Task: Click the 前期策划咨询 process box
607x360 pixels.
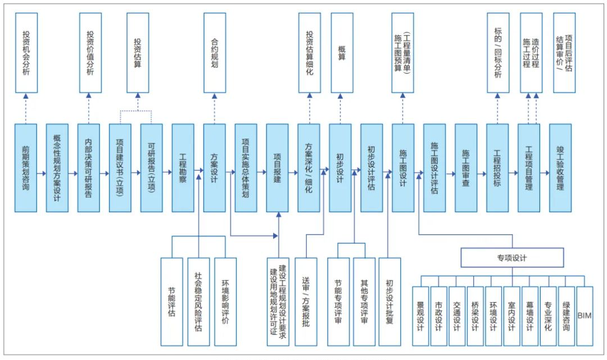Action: click(26, 167)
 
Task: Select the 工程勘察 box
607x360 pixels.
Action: click(183, 167)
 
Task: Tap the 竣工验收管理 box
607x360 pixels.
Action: click(560, 167)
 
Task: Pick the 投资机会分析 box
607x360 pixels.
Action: click(26, 53)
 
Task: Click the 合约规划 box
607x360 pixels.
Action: click(214, 53)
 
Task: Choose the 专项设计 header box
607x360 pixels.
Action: click(512, 258)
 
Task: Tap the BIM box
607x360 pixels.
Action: click(585, 316)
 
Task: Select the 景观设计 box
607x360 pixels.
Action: click(420, 316)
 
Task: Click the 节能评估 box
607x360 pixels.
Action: click(171, 302)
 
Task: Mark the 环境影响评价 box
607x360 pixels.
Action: click(225, 302)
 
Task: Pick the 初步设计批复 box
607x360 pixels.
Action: click(389, 302)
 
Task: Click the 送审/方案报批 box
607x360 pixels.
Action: click(306, 302)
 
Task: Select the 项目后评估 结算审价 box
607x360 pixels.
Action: click(564, 53)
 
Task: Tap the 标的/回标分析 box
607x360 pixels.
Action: click(497, 53)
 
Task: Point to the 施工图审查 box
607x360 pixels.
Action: click(466, 167)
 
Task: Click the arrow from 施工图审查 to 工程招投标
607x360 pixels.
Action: click(482, 174)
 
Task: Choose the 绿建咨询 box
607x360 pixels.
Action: click(566, 316)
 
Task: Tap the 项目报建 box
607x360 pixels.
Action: click(277, 167)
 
